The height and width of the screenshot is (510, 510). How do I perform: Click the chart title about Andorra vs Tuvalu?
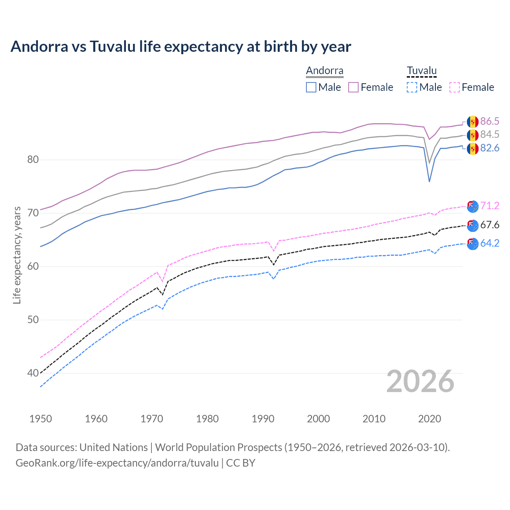point(180,47)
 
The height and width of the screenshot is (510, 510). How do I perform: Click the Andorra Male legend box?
point(311,87)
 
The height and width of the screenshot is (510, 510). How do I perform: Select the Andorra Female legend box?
point(353,87)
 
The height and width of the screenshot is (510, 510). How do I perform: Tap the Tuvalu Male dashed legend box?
point(412,87)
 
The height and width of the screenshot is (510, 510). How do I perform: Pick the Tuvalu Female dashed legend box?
point(455,87)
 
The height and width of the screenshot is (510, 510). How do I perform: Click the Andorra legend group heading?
point(324,71)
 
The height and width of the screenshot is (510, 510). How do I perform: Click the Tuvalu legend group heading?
point(422,71)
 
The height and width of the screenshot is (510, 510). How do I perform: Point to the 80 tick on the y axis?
point(33,160)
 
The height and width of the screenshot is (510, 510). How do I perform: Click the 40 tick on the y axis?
point(33,373)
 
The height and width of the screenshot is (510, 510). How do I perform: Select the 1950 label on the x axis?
point(41,419)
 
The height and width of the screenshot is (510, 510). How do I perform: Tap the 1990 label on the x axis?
point(263,419)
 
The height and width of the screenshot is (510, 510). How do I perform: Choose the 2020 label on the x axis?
point(430,419)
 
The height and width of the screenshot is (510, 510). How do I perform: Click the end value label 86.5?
point(490,122)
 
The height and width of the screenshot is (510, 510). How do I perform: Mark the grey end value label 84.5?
point(490,135)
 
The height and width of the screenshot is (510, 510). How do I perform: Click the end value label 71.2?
point(490,206)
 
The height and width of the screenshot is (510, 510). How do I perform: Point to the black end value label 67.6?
point(490,225)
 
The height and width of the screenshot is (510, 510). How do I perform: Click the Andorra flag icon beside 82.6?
point(473,149)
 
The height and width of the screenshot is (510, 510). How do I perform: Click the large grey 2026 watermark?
point(420,381)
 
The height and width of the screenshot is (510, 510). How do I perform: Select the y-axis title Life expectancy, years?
point(17,255)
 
